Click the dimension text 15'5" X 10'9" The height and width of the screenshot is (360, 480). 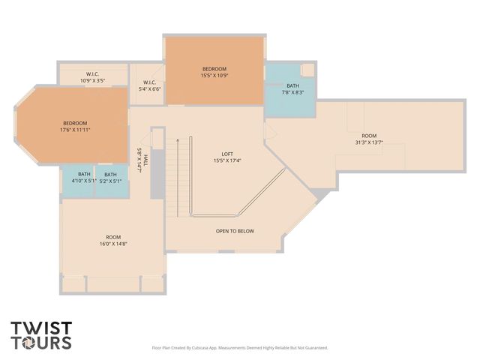tap(214, 76)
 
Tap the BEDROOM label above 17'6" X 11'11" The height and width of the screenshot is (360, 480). tap(75, 123)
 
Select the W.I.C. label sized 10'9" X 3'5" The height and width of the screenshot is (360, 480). tap(93, 74)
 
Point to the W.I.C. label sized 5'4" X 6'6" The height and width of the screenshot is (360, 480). tap(149, 82)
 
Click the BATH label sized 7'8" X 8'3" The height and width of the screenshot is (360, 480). tap(292, 86)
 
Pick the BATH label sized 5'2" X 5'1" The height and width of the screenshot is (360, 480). tap(110, 174)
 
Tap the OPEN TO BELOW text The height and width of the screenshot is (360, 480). tap(235, 231)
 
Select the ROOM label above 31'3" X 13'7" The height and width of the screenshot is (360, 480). tap(369, 136)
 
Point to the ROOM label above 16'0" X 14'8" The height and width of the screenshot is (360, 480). tap(113, 236)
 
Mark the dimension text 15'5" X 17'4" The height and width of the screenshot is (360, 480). tap(226, 160)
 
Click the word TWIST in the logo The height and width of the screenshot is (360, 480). tap(41, 328)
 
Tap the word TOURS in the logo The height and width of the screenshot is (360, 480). tap(41, 343)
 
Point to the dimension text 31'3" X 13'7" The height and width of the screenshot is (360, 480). tap(369, 142)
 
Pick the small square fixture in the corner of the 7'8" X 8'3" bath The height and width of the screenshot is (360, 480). tap(307, 70)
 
